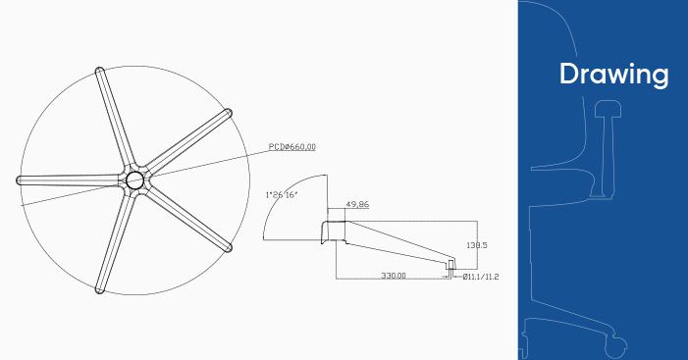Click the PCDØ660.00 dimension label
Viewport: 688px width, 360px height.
pos(291,147)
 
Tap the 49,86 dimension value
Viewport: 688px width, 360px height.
pos(357,204)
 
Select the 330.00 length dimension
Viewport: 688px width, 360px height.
pos(394,276)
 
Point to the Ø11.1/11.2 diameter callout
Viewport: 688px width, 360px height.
pos(481,277)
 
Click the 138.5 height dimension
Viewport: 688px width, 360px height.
pos(477,245)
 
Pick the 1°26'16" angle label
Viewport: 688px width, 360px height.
pos(282,194)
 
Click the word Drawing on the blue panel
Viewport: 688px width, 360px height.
pos(613,74)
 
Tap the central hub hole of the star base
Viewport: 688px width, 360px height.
pos(134,180)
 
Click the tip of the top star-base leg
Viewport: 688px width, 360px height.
pos(99,70)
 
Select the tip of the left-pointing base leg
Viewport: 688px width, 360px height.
pos(19,180)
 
